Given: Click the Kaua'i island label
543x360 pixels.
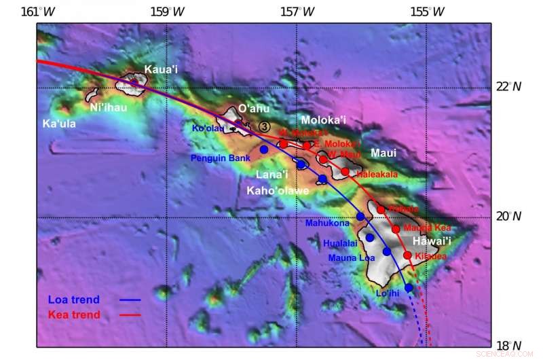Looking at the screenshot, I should (x=160, y=69).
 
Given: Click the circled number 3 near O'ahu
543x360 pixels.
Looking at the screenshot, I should (x=264, y=126).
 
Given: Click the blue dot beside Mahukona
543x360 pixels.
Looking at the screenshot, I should (x=360, y=217).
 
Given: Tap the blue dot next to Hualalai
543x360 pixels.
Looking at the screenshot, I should (x=370, y=238).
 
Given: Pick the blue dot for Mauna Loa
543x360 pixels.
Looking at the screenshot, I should (x=387, y=251).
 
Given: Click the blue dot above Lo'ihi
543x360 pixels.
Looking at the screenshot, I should (x=409, y=288).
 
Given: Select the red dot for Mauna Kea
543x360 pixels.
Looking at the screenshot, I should (x=396, y=229).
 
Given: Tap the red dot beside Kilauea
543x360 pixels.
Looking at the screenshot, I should (x=407, y=255).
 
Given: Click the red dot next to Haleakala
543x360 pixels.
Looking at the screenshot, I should (x=345, y=172).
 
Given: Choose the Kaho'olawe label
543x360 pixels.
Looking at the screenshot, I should (x=278, y=191).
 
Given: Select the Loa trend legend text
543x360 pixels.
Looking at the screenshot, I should (x=74, y=300).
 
